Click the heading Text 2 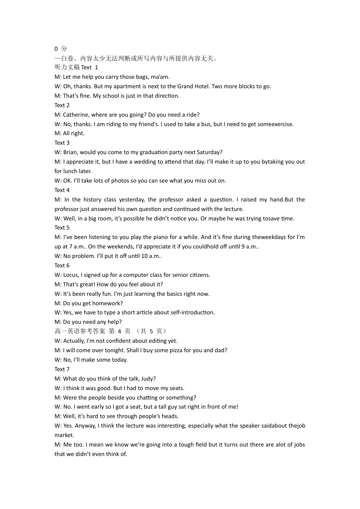pos(62,105)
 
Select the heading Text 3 pos(62,143)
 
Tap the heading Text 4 pos(62,190)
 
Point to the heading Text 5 pos(62,228)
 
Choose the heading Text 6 pos(62,265)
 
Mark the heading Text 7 pos(62,369)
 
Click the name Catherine pos(76,115)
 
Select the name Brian pos(70,152)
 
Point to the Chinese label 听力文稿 pos(67,67)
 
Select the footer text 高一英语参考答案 pos(80,331)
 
